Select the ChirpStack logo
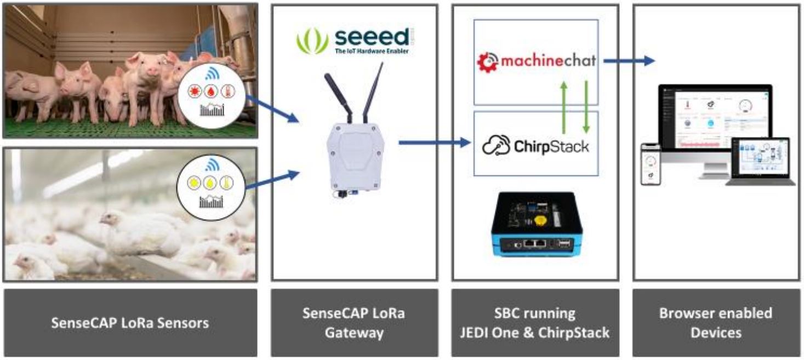tap(535, 146)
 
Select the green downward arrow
tap(586, 107)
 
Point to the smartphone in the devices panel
tap(651, 165)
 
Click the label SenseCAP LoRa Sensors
tap(130, 323)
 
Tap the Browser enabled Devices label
tap(716, 323)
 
